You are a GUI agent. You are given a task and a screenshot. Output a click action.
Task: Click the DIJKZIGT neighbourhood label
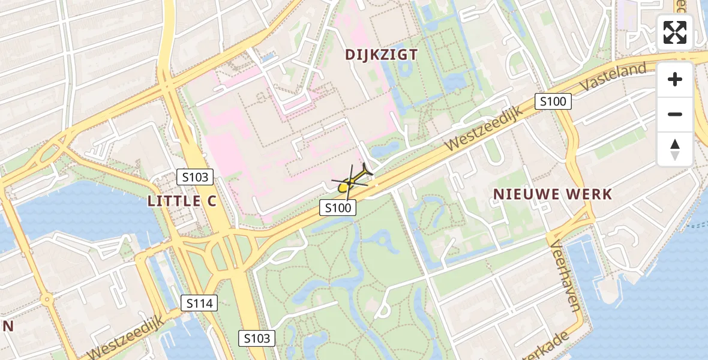point(381,55)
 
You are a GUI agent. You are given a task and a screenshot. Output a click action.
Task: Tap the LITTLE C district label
point(182,201)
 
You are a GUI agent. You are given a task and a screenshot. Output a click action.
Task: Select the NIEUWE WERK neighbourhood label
point(553,194)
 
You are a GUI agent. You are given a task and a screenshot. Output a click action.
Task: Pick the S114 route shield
point(200,304)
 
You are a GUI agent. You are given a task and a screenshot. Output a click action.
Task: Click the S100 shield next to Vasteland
point(553,101)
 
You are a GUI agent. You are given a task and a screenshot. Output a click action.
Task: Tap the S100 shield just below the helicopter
point(338,208)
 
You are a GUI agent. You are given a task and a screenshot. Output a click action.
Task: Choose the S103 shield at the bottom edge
point(257,338)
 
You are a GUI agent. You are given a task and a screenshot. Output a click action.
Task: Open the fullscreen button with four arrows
point(675,32)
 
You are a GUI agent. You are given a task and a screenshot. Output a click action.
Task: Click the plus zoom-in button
point(675,79)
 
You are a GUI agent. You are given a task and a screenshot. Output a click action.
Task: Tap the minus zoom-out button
point(675,114)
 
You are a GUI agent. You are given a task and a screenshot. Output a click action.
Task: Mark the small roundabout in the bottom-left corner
point(46,299)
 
